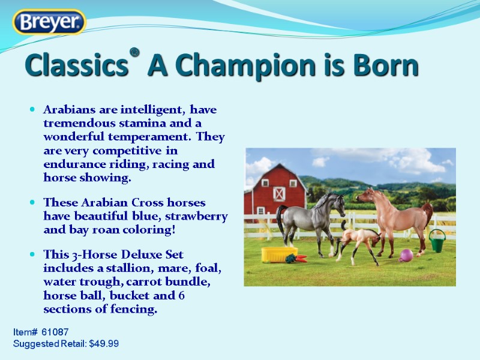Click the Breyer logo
tap(50, 23)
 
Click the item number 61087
tap(55, 332)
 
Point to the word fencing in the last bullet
tap(135, 309)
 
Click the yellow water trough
tap(279, 253)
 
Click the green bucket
tap(437, 241)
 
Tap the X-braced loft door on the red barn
tap(279, 193)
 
